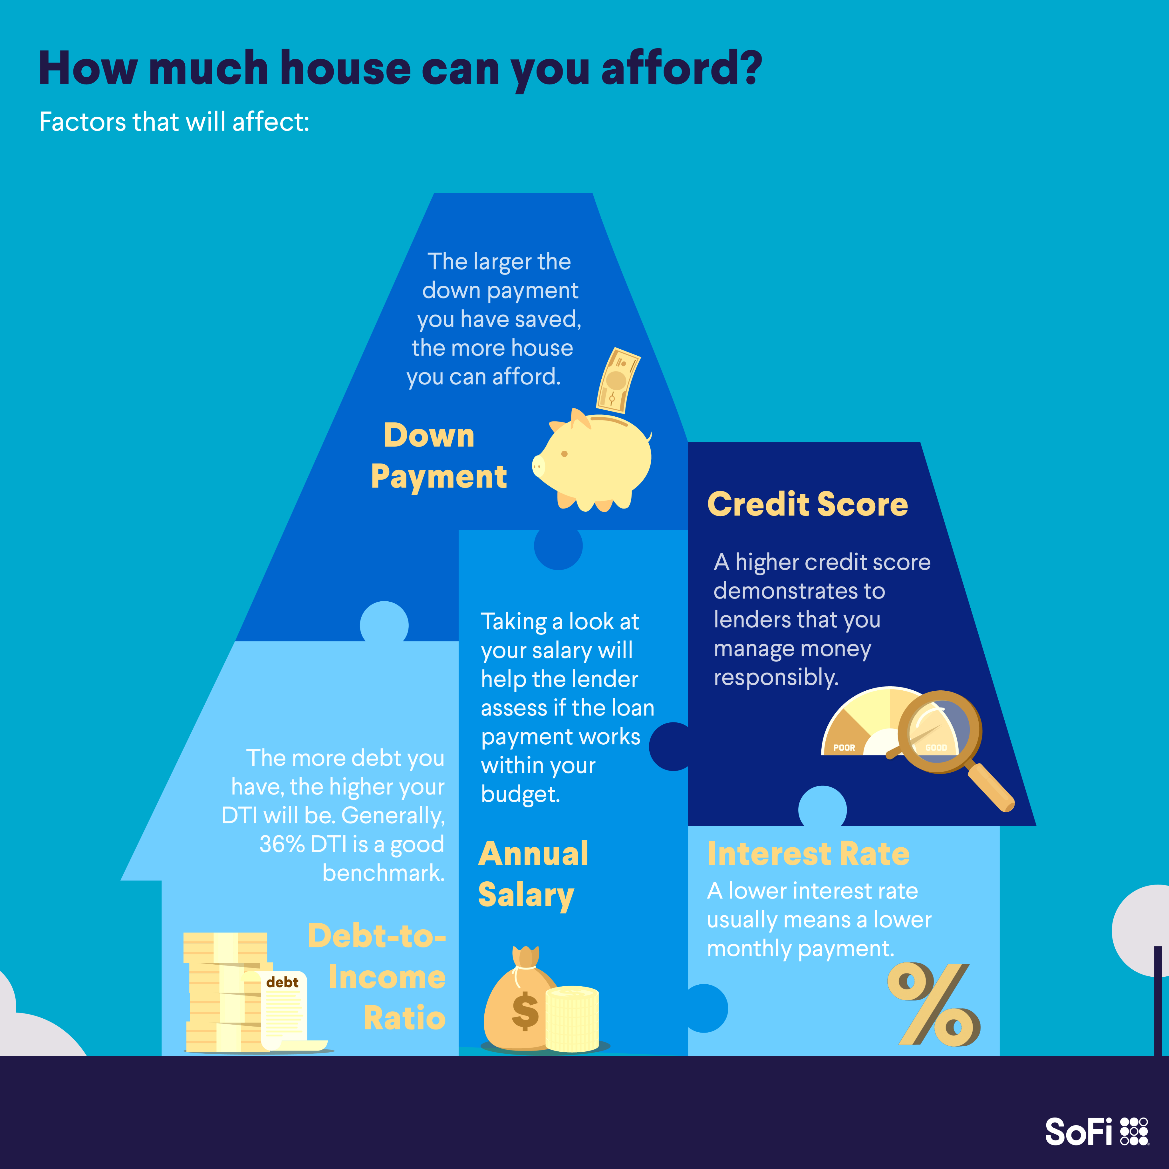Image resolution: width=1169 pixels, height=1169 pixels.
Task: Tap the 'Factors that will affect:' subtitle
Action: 174,122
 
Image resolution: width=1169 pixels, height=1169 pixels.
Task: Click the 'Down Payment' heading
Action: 439,455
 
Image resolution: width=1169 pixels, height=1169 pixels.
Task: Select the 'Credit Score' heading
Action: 808,504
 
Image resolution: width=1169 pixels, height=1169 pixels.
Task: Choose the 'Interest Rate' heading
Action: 808,854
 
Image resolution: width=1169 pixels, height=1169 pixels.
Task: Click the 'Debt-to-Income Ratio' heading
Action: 377,977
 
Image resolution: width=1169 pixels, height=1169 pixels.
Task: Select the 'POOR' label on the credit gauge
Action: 844,748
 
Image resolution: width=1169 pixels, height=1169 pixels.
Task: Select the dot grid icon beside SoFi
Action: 1134,1132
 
